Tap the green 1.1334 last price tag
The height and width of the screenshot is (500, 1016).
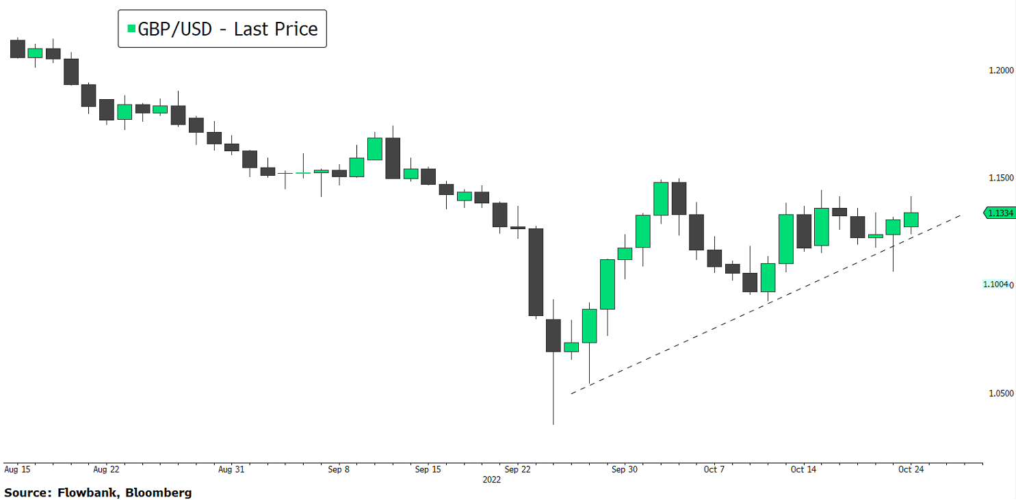tap(1000, 213)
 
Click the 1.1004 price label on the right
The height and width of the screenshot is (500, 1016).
tap(995, 285)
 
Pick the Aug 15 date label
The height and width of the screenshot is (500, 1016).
tap(17, 470)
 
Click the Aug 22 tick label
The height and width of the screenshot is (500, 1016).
tap(106, 470)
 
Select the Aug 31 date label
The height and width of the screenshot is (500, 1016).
tap(231, 470)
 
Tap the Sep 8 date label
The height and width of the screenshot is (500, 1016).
tap(339, 470)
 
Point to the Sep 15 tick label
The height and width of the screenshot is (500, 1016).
tap(428, 470)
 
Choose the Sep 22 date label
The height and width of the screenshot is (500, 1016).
tap(517, 470)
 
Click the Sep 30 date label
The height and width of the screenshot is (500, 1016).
tap(624, 470)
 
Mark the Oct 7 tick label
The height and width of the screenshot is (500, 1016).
tap(714, 470)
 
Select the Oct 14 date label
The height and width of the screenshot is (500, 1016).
tap(803, 470)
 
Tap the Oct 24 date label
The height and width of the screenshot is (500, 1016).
tap(911, 470)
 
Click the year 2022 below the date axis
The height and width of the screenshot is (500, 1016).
tap(491, 479)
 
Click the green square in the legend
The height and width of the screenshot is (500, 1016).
tap(131, 29)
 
